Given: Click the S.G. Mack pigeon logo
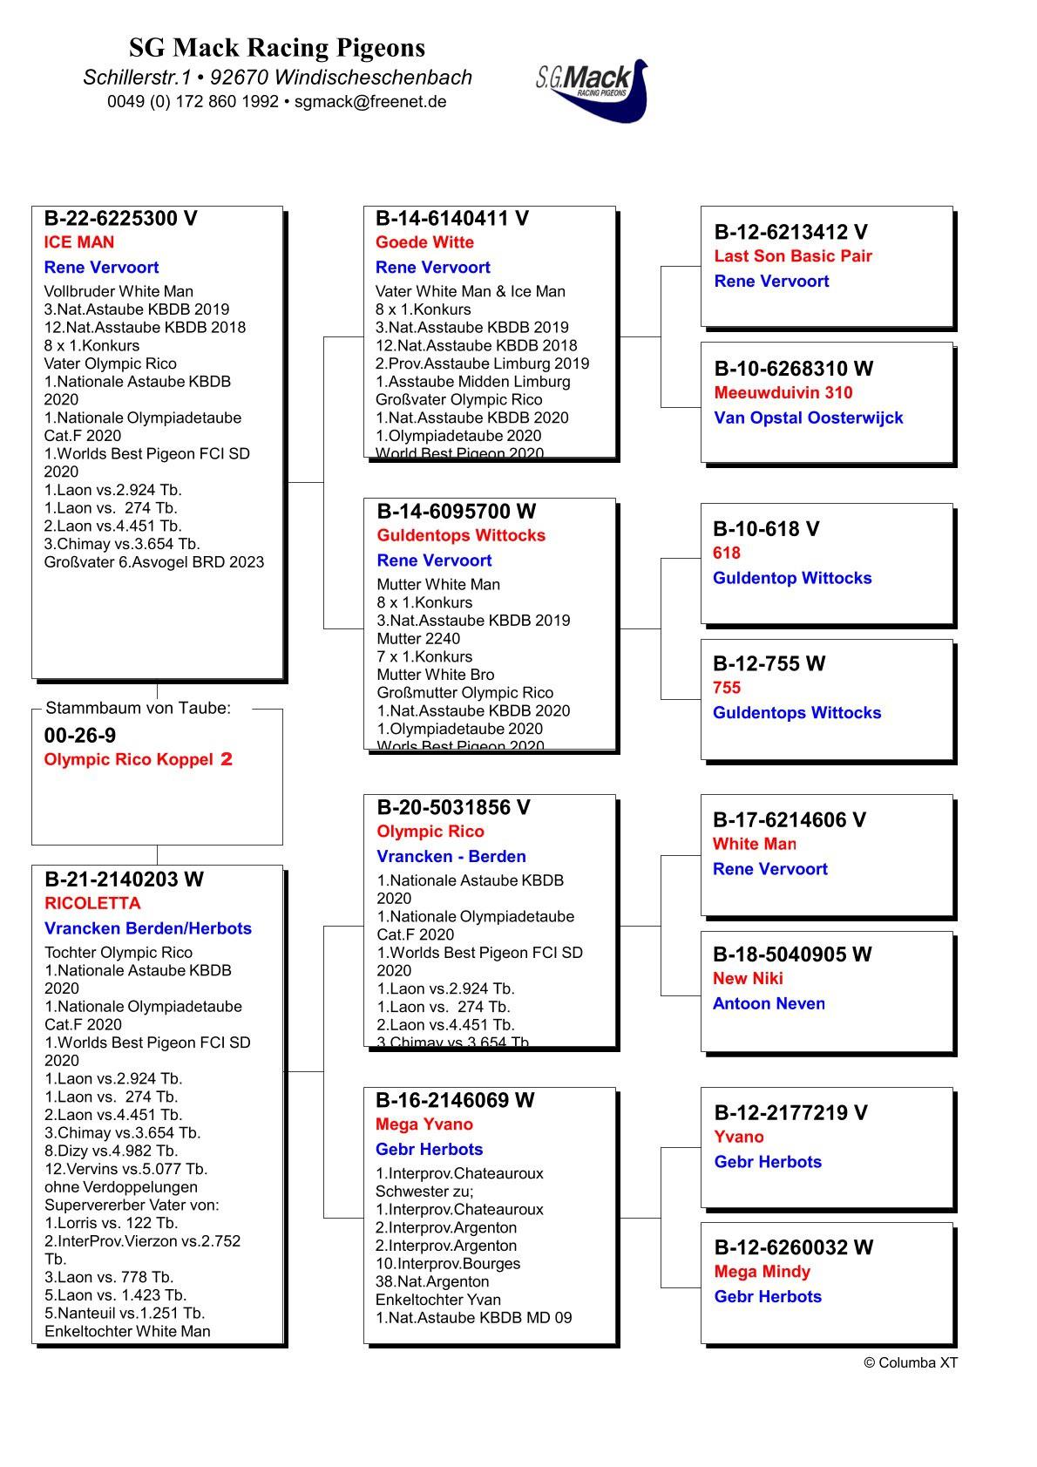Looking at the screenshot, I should click(x=593, y=90).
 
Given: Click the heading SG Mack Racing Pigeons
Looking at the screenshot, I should click(x=277, y=47).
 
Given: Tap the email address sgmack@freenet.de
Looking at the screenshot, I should click(x=370, y=101).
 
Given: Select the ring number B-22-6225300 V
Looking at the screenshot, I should click(x=120, y=219).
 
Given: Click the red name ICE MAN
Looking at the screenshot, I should click(x=79, y=242).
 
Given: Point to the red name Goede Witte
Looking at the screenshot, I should click(x=424, y=242).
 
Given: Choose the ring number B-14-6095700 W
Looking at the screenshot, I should click(x=456, y=512).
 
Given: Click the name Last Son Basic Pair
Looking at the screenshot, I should click(x=793, y=256).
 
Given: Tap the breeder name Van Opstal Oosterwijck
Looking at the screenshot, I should click(x=808, y=418).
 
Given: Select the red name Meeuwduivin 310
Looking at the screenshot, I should click(x=783, y=393).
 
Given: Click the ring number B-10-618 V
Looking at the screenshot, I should click(x=766, y=529).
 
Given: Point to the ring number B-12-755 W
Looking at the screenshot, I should click(x=769, y=664).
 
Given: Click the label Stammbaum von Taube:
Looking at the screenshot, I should click(x=139, y=708).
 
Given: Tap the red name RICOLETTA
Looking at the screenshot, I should click(x=92, y=903).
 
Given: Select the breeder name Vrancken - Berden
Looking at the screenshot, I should click(x=451, y=857).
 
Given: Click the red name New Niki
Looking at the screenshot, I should click(x=748, y=979).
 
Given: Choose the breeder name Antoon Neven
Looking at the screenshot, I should click(x=769, y=1003).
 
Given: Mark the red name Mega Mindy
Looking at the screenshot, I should click(x=762, y=1272).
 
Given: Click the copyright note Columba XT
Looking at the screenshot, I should click(x=911, y=1362).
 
